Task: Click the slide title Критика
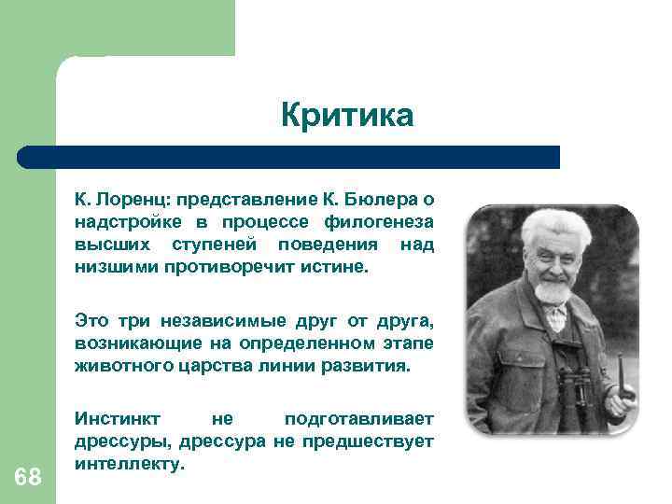[x=346, y=117]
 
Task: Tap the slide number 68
[x=28, y=478]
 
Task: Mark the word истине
[x=341, y=268]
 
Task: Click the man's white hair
[x=551, y=224]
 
